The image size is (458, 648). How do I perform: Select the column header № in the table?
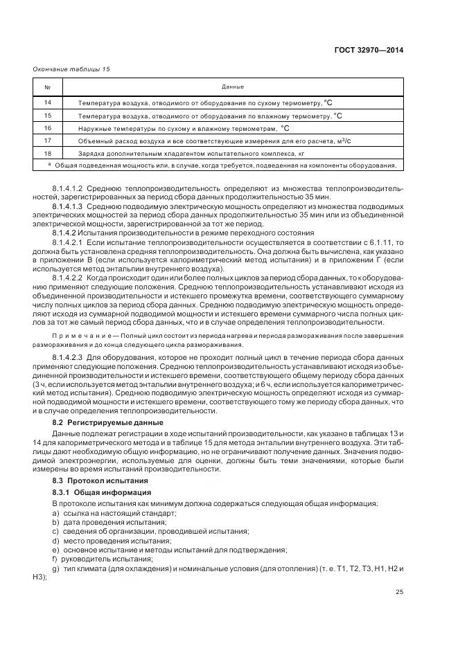point(48,87)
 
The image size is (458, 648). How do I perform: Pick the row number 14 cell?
point(48,102)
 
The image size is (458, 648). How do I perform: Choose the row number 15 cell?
point(48,116)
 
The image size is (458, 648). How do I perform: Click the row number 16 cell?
point(48,128)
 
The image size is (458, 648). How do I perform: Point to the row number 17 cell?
point(48,141)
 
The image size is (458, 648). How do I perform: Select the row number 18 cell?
point(48,153)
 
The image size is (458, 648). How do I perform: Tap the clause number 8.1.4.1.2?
point(68,188)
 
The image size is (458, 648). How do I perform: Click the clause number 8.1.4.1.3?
point(68,206)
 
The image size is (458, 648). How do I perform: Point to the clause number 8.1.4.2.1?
point(68,243)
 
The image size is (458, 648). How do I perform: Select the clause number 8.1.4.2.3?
point(68,357)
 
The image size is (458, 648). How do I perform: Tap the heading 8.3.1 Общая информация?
point(102,492)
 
